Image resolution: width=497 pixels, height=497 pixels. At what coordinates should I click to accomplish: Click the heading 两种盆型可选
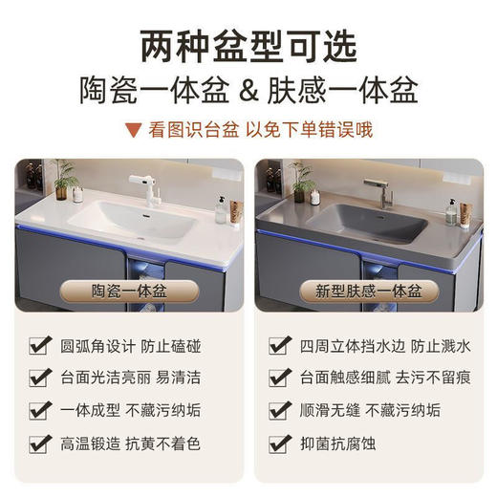tap(248, 45)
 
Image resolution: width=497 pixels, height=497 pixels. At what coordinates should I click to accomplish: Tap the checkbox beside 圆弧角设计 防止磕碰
tap(41, 344)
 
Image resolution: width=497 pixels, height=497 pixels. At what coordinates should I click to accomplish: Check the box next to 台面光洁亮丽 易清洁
tap(41, 378)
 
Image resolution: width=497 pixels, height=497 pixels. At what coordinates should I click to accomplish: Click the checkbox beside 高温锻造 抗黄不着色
tap(41, 444)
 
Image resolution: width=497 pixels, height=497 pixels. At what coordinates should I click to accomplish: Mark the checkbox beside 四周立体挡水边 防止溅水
tap(279, 344)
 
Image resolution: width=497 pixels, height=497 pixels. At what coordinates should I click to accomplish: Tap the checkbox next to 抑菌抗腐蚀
tap(279, 444)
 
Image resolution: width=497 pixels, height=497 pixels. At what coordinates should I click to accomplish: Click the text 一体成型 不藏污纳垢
tap(128, 411)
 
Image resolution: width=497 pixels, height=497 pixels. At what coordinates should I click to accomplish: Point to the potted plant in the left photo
tap(65, 176)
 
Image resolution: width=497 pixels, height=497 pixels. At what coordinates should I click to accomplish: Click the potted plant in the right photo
tap(302, 177)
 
